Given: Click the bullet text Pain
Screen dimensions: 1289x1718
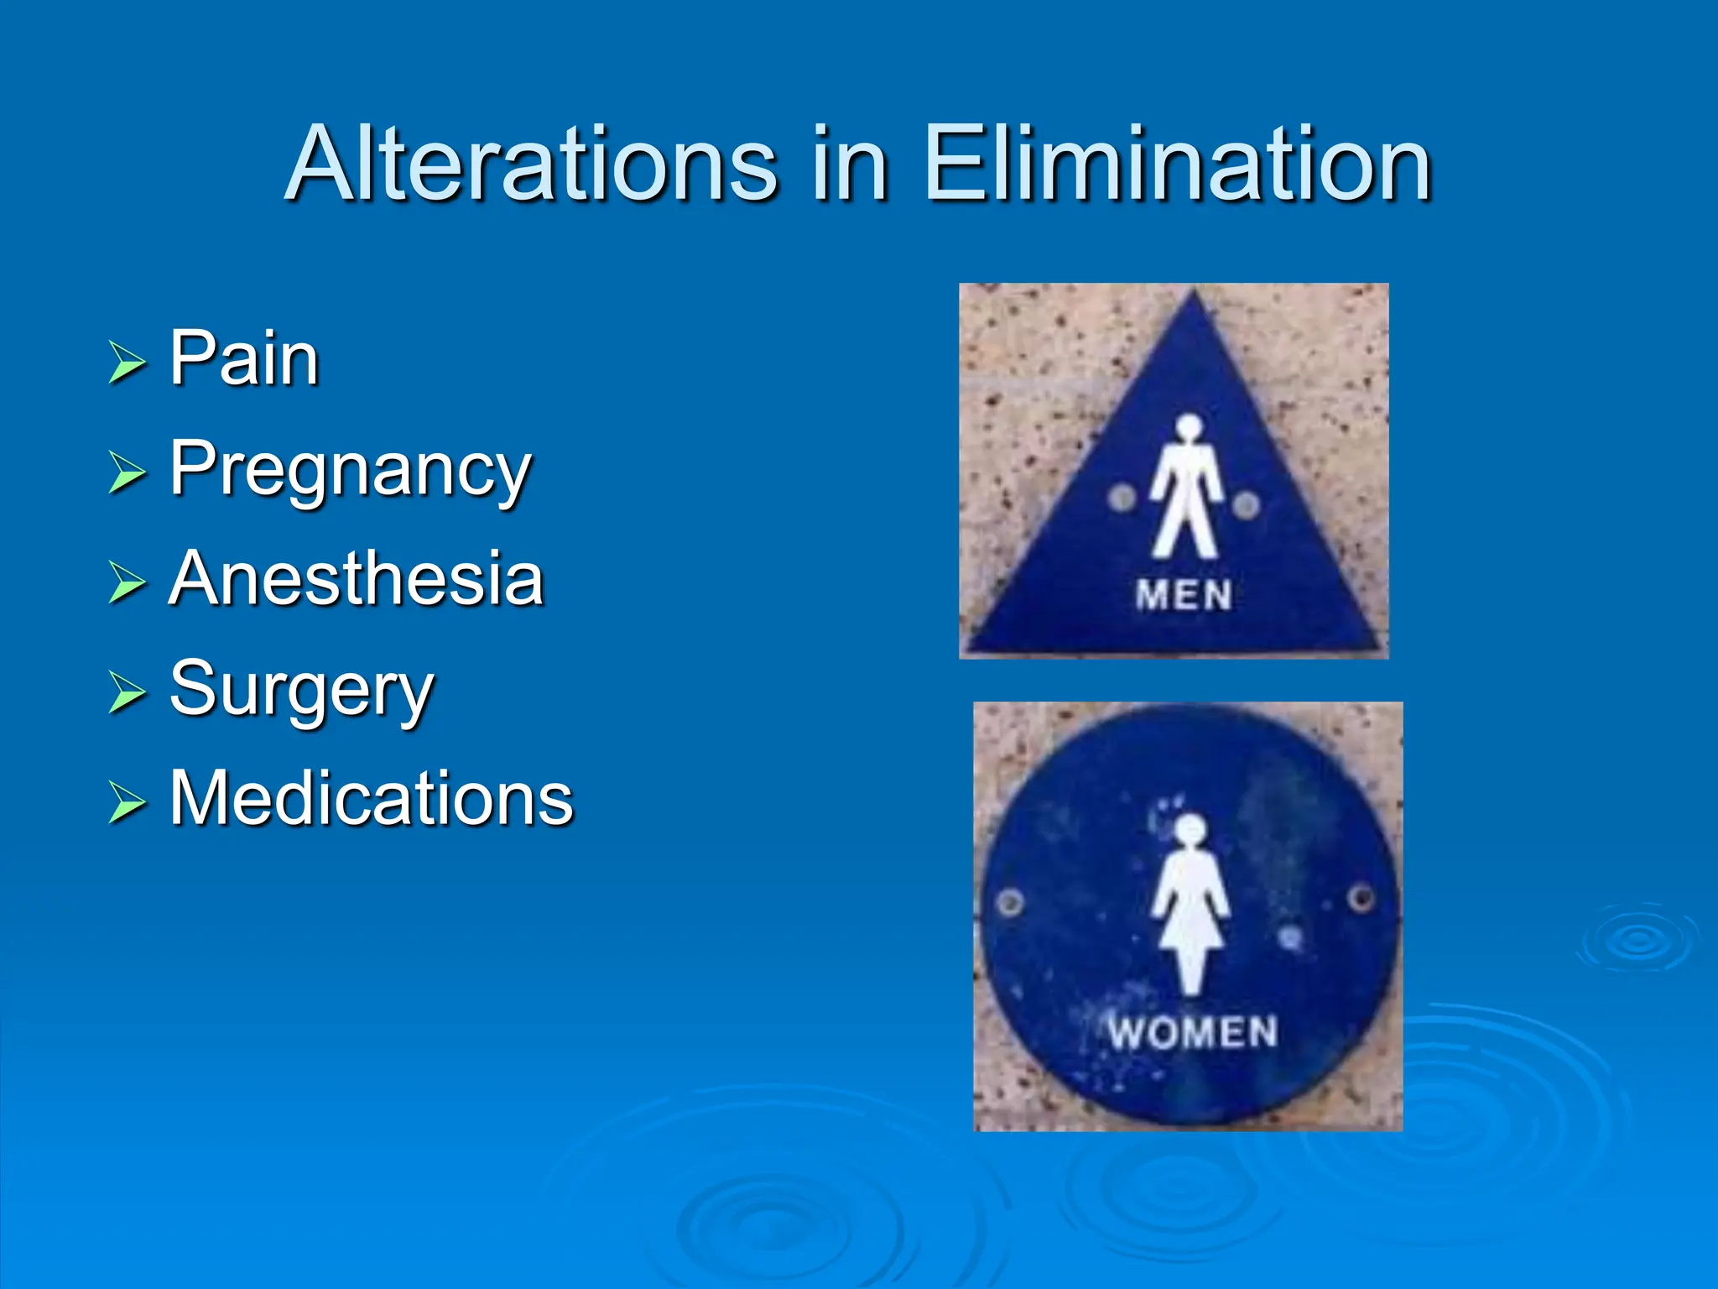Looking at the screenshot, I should pos(244,359).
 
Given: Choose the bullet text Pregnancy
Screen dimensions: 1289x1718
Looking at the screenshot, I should pos(351,470).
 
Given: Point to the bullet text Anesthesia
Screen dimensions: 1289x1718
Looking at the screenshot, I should pos(357,579).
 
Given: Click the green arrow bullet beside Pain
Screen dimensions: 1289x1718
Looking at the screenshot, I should pos(127,363).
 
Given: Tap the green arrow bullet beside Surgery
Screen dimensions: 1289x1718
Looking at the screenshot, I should pos(127,693).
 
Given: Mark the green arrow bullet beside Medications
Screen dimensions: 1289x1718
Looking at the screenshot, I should pos(127,802).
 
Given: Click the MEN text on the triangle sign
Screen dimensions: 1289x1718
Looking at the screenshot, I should pos(1184,596).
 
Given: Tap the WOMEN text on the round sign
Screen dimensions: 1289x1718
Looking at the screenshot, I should pos(1192,1032).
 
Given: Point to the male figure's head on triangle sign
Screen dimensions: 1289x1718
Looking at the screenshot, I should pos(1188,428).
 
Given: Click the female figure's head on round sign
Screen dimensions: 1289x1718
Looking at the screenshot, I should pos(1190,830).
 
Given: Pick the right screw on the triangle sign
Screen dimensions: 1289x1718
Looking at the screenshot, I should pos(1247,505).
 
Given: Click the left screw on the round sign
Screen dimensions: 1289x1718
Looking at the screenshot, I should pos(1011,904).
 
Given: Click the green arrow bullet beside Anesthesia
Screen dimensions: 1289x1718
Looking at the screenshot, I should pos(127,583).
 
